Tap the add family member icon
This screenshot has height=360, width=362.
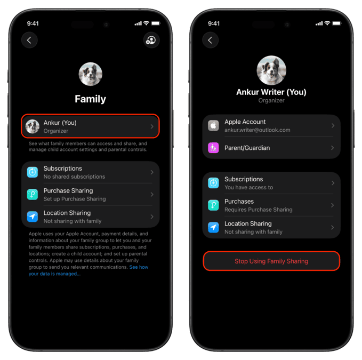(x=151, y=40)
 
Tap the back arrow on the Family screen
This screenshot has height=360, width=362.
(x=29, y=41)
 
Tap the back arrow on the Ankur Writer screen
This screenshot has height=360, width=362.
(x=210, y=41)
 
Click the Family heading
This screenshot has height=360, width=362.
(x=90, y=99)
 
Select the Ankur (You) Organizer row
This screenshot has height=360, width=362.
(x=90, y=126)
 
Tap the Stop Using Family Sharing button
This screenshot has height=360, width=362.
(x=271, y=261)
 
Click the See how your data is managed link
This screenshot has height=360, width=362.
(x=89, y=270)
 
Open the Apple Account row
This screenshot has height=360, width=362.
(x=271, y=126)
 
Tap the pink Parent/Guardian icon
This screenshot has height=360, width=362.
(x=213, y=148)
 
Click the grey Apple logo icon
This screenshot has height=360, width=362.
(x=213, y=126)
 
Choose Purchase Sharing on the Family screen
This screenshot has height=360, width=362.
(x=90, y=195)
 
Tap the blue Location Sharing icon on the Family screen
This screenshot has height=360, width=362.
(x=33, y=217)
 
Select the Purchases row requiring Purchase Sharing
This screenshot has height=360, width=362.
(x=271, y=205)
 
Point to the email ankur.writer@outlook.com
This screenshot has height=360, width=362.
(x=257, y=130)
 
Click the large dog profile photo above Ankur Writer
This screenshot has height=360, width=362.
(x=271, y=70)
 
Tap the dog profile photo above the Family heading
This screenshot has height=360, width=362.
(x=90, y=74)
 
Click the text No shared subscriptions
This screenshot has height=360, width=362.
(x=74, y=177)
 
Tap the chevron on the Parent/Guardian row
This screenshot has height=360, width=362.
(x=333, y=148)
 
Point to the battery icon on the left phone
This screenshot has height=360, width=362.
(x=156, y=23)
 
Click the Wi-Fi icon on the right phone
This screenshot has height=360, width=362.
(x=327, y=23)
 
